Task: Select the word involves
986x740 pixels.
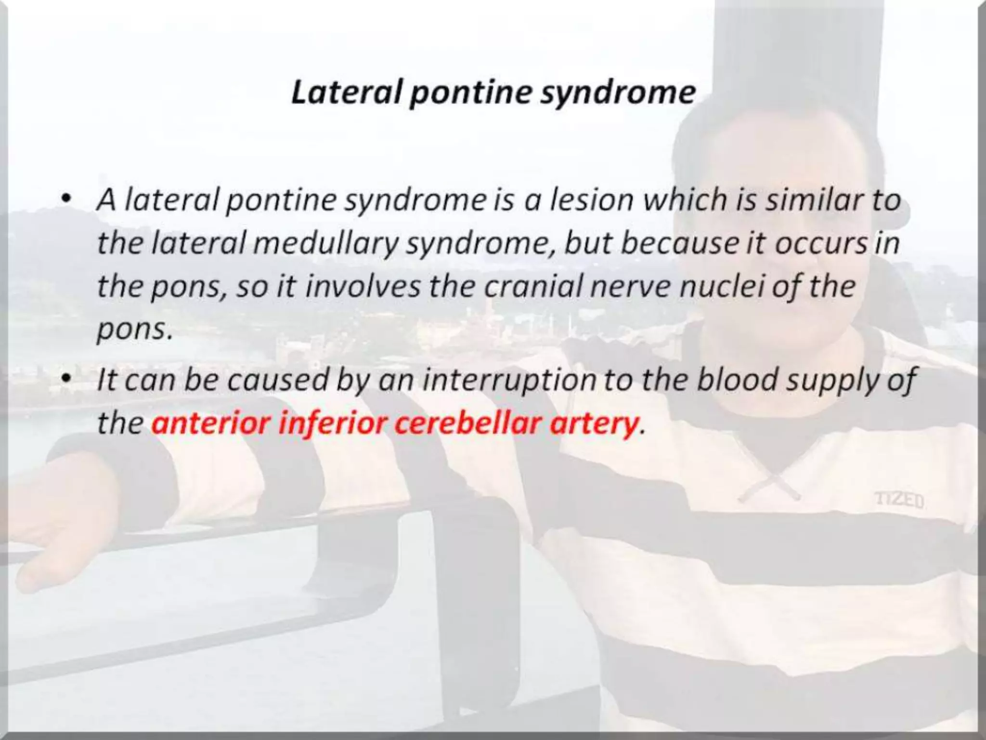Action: coord(364,286)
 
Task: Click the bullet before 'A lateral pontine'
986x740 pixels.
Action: coord(67,199)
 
